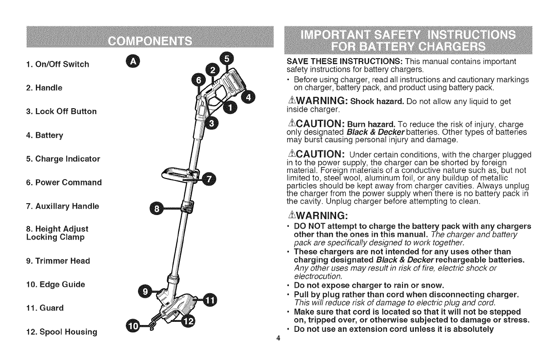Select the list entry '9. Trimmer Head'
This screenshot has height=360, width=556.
[51, 261]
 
